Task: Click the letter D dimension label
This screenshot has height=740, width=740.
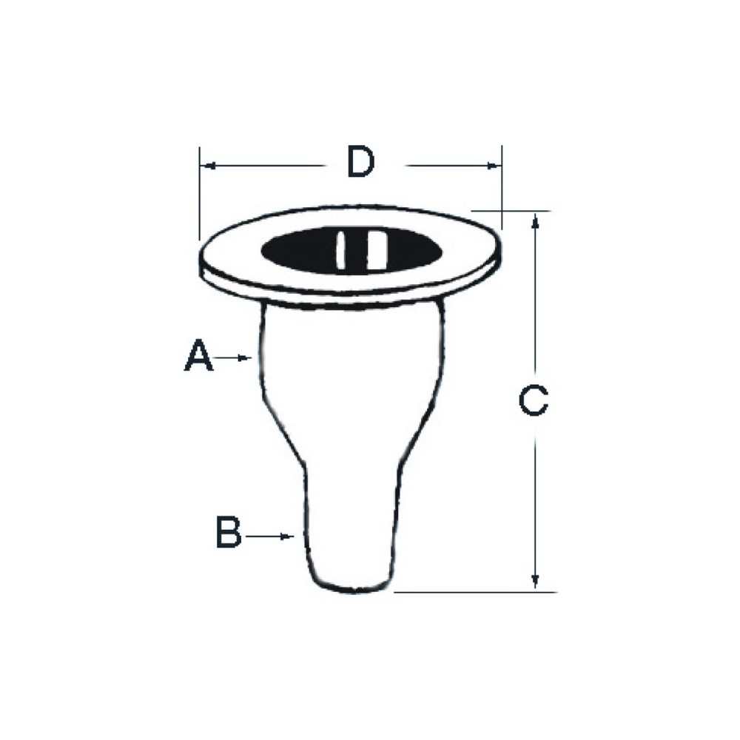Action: (361, 162)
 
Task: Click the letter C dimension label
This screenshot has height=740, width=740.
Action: (534, 400)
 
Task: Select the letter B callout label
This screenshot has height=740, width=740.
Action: (229, 532)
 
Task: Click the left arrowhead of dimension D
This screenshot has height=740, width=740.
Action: (208, 166)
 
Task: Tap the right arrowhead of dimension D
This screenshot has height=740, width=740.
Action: (493, 166)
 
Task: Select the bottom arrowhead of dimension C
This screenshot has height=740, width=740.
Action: (535, 580)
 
